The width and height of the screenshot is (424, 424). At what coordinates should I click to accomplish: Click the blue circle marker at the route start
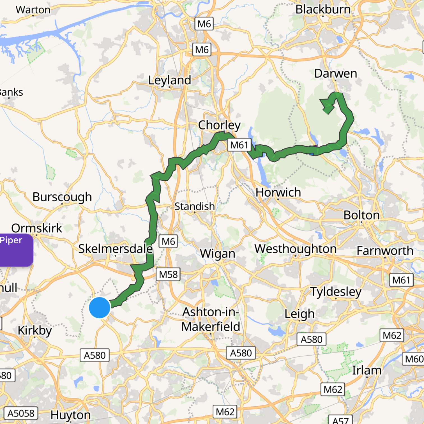tap(100, 308)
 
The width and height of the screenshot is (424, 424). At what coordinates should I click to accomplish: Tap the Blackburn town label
tap(323, 10)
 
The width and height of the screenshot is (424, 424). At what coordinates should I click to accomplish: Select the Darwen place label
tap(336, 74)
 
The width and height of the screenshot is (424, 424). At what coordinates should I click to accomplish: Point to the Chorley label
tap(219, 125)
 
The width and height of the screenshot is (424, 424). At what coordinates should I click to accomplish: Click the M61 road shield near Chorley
tap(239, 145)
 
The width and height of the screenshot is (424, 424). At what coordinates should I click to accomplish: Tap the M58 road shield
tap(168, 274)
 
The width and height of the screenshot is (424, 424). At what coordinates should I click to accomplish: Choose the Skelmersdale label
tap(115, 249)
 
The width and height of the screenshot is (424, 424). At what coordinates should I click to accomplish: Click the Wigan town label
tap(218, 254)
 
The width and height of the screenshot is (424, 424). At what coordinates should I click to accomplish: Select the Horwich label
tap(278, 193)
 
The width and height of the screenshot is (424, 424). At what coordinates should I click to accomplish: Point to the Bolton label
tap(361, 215)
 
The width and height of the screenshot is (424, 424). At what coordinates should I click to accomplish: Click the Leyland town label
tap(170, 80)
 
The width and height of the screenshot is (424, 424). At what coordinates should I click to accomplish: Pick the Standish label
tap(194, 206)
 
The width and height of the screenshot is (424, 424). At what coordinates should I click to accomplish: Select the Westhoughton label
tap(295, 249)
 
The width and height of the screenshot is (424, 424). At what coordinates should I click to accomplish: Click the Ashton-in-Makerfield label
tap(211, 319)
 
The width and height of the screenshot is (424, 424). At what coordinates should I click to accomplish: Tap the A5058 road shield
tap(21, 413)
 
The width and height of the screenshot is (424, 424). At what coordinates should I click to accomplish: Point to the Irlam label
tap(367, 370)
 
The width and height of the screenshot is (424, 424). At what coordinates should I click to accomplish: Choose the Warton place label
tap(33, 10)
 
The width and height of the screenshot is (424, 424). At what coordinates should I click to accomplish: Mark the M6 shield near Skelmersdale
tap(168, 241)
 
